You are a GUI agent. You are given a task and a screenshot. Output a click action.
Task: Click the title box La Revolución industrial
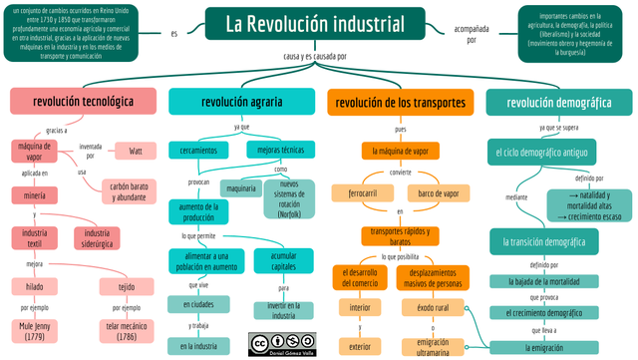319,25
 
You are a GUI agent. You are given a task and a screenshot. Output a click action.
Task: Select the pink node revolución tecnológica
83,102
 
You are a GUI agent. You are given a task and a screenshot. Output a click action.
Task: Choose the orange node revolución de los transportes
400,102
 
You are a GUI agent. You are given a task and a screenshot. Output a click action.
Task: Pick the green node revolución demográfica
558,102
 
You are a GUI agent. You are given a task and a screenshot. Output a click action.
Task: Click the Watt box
136,152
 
